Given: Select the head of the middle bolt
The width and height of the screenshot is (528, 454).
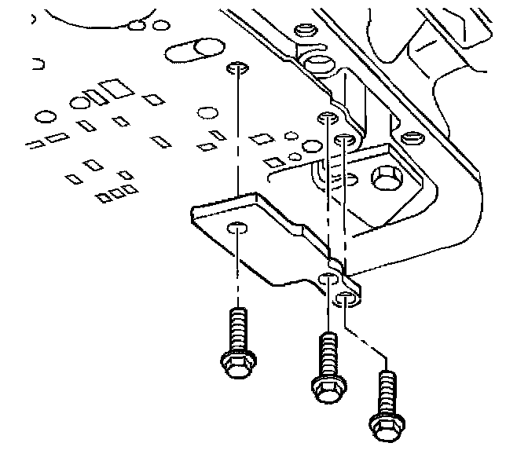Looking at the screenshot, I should (327, 386).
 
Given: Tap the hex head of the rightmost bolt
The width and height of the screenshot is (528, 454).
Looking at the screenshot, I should (384, 427).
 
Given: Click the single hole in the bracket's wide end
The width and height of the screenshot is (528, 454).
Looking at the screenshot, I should (237, 229).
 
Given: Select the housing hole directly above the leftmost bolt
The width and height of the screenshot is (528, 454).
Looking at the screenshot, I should (236, 68).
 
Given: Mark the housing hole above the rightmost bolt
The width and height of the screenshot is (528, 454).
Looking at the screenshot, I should (344, 140).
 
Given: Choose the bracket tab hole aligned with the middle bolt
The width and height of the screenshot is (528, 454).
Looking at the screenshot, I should (329, 279).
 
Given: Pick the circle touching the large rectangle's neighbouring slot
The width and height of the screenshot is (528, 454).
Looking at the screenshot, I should (79, 102).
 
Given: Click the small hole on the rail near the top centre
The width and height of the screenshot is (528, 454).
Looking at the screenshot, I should (302, 31).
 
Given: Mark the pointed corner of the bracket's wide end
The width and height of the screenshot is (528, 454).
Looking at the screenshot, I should (193, 211).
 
